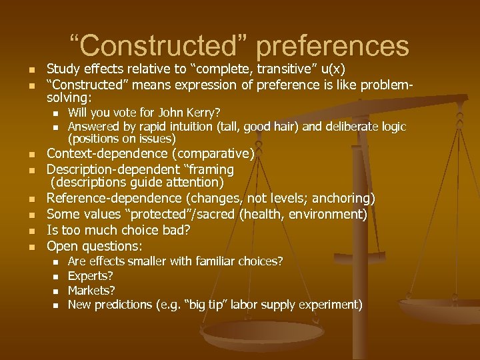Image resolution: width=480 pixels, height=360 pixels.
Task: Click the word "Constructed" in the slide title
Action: pos(161,46)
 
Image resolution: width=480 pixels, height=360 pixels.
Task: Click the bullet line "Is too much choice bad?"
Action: pos(118,231)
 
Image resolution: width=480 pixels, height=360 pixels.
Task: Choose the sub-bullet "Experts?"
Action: pos(91,275)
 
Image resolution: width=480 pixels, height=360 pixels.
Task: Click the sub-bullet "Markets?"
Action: pos(91,290)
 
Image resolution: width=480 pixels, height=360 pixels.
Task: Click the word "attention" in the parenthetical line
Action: pos(191,182)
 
